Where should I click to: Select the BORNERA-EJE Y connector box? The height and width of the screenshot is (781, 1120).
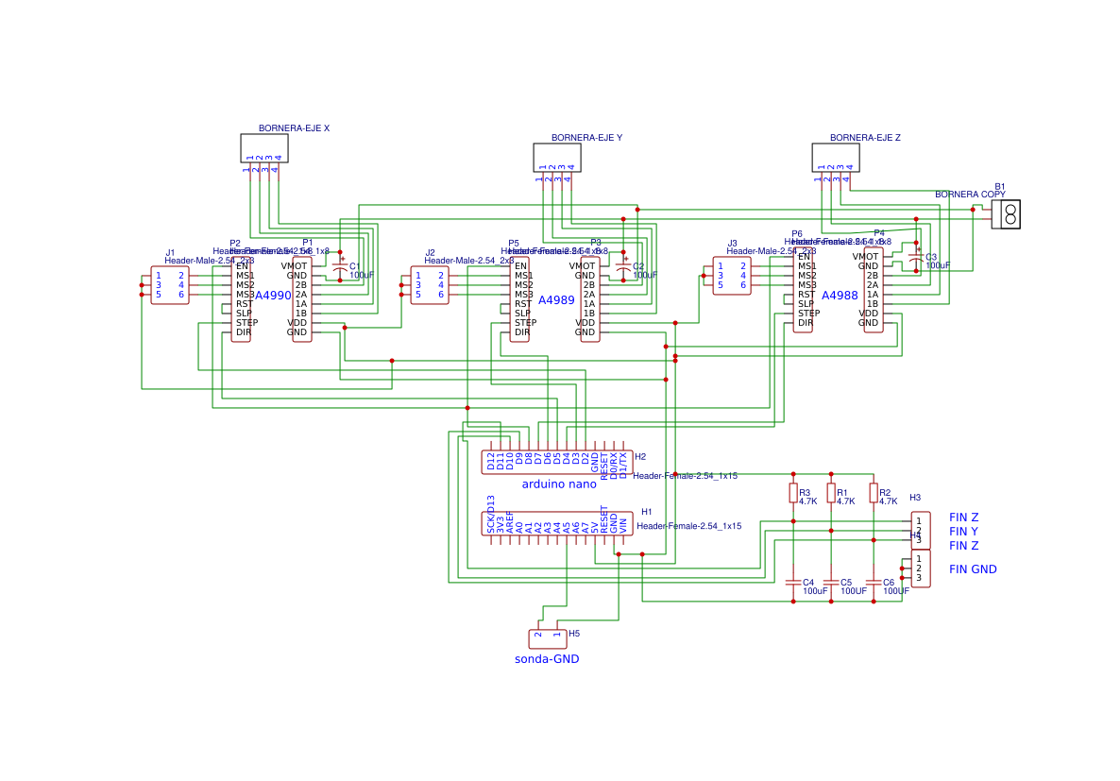point(556,157)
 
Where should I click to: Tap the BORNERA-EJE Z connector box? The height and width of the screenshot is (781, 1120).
point(835,157)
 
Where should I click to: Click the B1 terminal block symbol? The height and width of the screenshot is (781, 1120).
point(1007,214)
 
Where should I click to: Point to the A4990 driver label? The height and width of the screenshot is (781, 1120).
point(274,296)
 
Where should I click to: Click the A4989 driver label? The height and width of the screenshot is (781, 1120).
point(556,299)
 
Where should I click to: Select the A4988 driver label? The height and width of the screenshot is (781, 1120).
point(840,296)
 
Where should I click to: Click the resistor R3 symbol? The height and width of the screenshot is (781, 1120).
point(793,493)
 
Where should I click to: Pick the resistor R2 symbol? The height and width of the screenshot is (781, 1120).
point(874,493)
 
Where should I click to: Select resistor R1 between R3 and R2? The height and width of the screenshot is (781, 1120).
point(831,493)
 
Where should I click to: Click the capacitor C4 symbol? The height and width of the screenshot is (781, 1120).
point(793,582)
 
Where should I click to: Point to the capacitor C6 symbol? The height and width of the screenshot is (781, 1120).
point(874,582)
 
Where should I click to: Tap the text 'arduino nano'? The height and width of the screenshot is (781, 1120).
point(559,484)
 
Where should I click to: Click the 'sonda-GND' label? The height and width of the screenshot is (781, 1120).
point(547,659)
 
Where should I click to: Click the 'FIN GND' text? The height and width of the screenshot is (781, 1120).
point(973,569)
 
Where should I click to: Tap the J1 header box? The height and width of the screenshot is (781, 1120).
point(170,285)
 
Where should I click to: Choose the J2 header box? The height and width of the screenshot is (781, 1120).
point(430,285)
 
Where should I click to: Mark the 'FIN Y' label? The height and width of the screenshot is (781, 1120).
point(963,532)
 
